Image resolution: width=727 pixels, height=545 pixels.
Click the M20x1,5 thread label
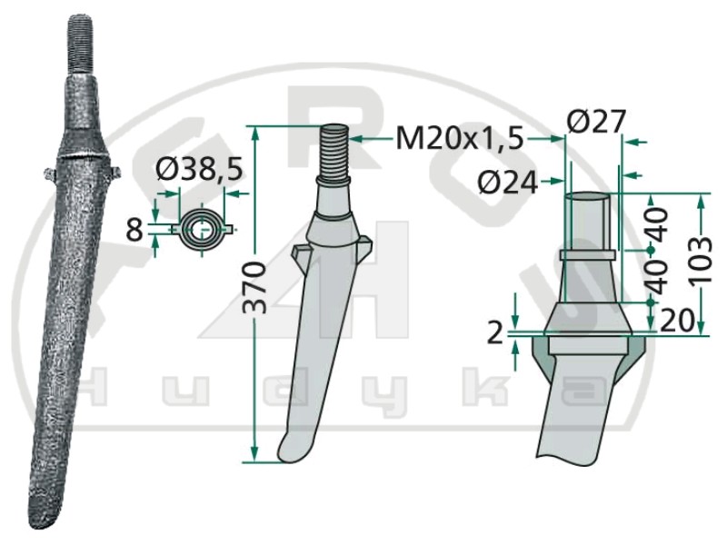[x=460, y=138]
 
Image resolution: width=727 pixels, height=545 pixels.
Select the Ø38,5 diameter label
[x=200, y=170]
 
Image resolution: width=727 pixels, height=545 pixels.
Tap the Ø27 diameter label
[x=596, y=122]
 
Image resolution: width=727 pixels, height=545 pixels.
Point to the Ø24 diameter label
[x=508, y=183]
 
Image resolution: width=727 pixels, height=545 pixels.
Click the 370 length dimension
[x=255, y=287]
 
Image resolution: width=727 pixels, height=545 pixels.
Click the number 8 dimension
[x=134, y=230]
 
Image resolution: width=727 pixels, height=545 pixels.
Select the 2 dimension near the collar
[x=495, y=332]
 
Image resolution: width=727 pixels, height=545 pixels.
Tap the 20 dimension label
[x=676, y=320]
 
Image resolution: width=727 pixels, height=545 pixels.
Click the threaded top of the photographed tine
[x=82, y=45]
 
